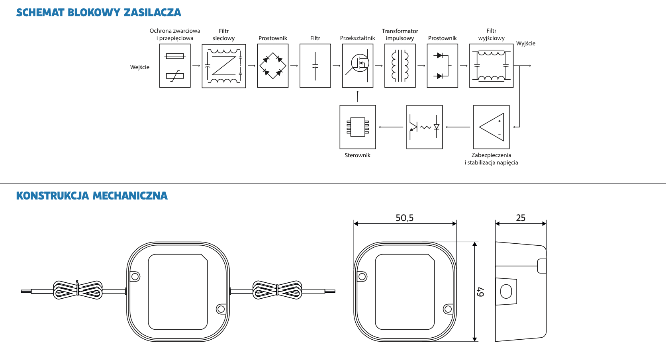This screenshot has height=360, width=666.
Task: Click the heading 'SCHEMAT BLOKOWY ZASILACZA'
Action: [98, 13]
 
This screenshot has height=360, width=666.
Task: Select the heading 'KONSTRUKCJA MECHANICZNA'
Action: [92, 196]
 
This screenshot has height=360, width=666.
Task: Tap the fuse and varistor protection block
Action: [175, 66]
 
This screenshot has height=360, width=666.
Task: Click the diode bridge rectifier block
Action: [273, 66]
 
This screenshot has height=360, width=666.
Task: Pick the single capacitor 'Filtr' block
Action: [315, 66]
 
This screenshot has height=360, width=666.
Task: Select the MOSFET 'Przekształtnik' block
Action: [358, 66]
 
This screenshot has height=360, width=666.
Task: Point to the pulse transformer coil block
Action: [400, 66]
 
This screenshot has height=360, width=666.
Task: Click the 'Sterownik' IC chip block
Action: [358, 127]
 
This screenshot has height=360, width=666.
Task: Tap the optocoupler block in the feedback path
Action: [424, 127]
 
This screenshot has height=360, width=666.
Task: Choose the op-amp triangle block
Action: [491, 127]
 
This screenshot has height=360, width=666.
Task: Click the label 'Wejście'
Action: [140, 67]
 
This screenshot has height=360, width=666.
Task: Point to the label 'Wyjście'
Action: [526, 43]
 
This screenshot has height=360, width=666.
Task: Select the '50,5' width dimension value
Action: [404, 218]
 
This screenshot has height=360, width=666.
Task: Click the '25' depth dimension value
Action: [521, 218]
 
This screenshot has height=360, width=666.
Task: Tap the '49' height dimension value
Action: [481, 292]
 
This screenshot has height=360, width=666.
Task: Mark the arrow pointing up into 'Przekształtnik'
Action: [358, 96]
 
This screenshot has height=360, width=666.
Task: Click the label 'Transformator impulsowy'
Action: [400, 35]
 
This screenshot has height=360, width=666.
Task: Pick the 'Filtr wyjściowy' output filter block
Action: [491, 66]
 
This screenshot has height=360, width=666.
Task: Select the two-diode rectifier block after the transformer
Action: [442, 66]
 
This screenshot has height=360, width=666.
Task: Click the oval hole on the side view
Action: [506, 292]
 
